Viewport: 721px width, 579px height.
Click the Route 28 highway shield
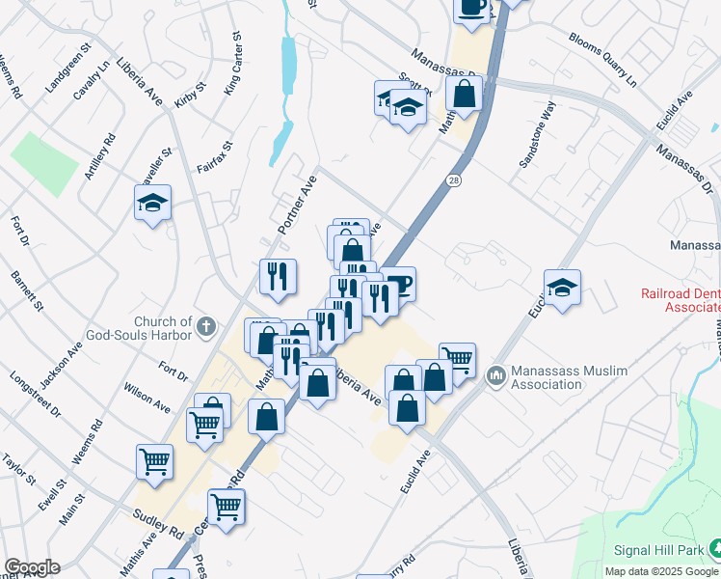pos(453,180)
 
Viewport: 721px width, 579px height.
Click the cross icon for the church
pos(205,327)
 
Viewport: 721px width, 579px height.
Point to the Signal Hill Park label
pos(658,550)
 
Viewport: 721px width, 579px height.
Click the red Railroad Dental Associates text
pos(681,300)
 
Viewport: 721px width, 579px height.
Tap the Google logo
pos(32,567)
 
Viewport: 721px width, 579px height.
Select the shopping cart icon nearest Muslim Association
pos(457,360)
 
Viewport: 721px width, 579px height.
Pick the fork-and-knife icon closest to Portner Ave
pos(278,276)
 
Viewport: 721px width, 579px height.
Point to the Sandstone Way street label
pos(538,139)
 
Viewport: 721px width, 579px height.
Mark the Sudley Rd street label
pos(159,524)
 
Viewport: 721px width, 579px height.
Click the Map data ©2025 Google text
pos(661,571)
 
